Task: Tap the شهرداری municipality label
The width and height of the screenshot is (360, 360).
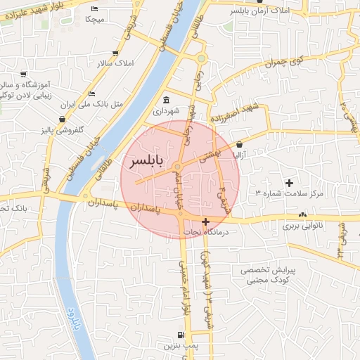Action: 167,111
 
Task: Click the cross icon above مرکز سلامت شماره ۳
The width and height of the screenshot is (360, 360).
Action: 289,184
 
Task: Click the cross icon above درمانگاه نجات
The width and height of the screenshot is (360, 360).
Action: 205,221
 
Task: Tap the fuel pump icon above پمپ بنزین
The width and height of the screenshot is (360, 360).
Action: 181,334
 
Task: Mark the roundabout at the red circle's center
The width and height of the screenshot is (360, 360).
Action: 179,167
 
